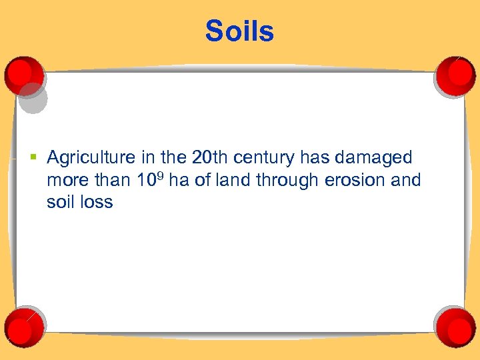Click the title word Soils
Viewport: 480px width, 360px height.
pyautogui.click(x=239, y=31)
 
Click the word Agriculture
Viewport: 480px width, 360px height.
pyautogui.click(x=91, y=158)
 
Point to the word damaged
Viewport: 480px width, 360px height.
pyautogui.click(x=375, y=159)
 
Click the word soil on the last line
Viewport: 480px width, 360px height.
pyautogui.click(x=60, y=201)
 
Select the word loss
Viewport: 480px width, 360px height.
pyautogui.click(x=97, y=201)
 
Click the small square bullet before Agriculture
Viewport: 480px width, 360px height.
pyautogui.click(x=33, y=158)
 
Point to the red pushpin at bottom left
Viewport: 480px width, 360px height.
pyautogui.click(x=25, y=325)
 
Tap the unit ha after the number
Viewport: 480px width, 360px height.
pyautogui.click(x=179, y=180)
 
